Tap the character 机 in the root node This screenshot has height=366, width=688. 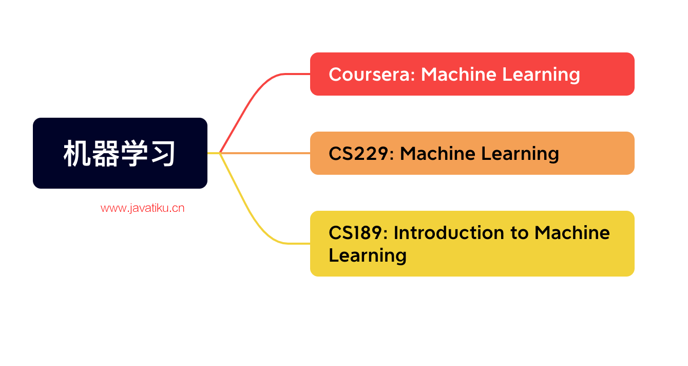point(78,153)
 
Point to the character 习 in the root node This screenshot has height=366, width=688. point(162,153)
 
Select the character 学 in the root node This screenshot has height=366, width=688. point(134,153)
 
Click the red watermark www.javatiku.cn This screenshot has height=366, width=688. point(142,208)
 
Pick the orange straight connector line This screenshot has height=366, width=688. point(267,153)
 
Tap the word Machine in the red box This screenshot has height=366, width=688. point(458,75)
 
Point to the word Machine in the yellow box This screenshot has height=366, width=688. point(572,233)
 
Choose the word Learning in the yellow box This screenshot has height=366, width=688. point(368,255)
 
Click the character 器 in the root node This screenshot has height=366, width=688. point(106,153)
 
